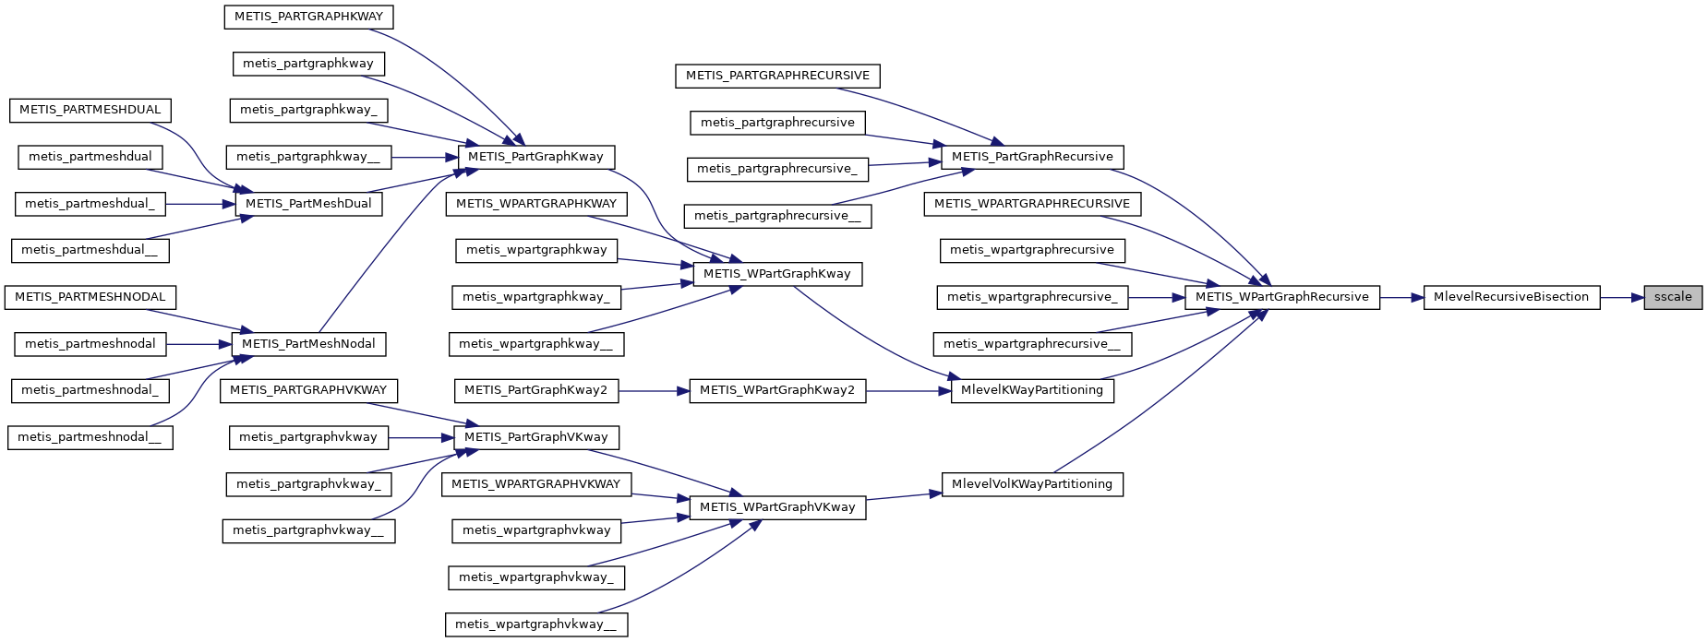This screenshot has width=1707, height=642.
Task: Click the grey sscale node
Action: [1672, 297]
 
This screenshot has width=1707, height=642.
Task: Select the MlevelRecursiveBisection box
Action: [1510, 297]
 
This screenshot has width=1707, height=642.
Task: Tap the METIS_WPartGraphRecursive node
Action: [1281, 297]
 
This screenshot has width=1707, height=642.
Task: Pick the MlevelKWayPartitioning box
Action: [1031, 390]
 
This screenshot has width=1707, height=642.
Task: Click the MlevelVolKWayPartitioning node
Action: [1031, 484]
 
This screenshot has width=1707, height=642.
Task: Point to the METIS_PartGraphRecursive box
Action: [1031, 157]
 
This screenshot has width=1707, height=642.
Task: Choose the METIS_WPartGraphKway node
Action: [776, 274]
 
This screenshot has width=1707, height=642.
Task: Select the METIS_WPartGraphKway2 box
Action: [776, 390]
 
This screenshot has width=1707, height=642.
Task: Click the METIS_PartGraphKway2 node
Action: [535, 390]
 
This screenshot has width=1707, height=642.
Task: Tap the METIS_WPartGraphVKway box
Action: [776, 507]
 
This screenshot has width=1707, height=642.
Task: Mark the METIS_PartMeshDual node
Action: [307, 204]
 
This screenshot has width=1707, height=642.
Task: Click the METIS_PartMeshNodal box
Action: [307, 344]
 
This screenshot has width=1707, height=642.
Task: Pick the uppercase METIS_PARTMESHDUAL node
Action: [90, 110]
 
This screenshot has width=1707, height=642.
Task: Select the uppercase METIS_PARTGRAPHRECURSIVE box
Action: [777, 76]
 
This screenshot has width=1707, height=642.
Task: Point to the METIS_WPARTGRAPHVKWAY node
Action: [535, 484]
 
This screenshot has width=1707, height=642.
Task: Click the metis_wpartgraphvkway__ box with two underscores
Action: [535, 624]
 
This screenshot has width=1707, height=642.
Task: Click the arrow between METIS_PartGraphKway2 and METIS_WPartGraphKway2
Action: [654, 390]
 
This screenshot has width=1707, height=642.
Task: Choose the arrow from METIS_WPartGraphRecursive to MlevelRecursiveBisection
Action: [1401, 297]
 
